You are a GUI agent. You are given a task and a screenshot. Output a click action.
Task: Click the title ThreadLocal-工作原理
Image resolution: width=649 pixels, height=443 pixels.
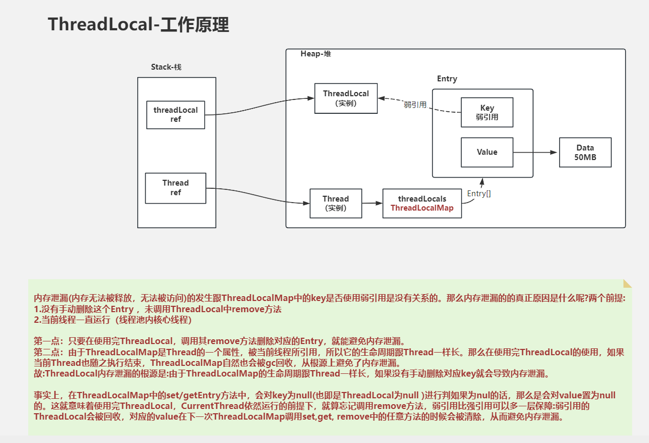pyautogui.click(x=138, y=24)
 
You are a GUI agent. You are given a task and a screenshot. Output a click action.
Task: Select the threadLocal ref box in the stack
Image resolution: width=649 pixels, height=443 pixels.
pyautogui.click(x=176, y=114)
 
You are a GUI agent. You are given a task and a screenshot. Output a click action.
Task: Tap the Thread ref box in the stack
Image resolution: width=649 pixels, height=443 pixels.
pyautogui.click(x=176, y=187)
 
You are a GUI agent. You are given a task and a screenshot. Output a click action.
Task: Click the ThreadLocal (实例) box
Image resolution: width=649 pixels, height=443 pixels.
pyautogui.click(x=346, y=98)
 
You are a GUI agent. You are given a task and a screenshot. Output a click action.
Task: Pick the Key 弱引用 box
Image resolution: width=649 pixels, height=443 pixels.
pyautogui.click(x=487, y=112)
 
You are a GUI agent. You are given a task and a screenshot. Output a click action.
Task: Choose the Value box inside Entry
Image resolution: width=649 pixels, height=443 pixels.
pyautogui.click(x=487, y=152)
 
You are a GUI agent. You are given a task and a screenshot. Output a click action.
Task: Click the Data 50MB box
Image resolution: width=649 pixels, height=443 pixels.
pyautogui.click(x=585, y=152)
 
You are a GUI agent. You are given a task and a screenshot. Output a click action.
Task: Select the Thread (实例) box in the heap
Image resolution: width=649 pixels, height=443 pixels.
pyautogui.click(x=336, y=203)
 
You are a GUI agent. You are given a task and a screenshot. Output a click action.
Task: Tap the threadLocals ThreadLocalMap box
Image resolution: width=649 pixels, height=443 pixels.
pyautogui.click(x=422, y=203)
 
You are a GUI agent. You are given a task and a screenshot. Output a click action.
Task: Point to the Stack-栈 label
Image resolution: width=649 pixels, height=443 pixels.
pyautogui.click(x=167, y=67)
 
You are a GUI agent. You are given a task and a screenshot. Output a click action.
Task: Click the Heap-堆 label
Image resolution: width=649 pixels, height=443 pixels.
pyautogui.click(x=315, y=54)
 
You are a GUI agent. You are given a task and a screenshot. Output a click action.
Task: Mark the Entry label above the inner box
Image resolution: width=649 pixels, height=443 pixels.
pyautogui.click(x=447, y=79)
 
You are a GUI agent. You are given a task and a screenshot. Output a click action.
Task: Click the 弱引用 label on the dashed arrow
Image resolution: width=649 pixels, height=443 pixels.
pyautogui.click(x=415, y=105)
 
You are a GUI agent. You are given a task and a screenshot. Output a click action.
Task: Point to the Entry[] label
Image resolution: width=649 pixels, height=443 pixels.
pyautogui.click(x=479, y=194)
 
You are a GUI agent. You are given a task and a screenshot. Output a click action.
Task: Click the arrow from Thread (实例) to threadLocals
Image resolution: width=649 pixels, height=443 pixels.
pyautogui.click(x=372, y=203)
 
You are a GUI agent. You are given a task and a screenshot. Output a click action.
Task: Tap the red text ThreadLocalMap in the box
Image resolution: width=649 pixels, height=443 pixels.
pyautogui.click(x=422, y=208)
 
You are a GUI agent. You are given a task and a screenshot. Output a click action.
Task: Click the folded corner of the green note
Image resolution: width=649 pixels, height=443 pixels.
pyautogui.click(x=627, y=283)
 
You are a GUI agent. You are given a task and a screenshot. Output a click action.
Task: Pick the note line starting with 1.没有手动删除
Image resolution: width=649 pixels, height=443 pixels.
pyautogui.click(x=157, y=309)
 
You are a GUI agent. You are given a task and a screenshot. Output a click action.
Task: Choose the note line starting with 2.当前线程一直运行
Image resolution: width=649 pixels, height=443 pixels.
pyautogui.click(x=112, y=320)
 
